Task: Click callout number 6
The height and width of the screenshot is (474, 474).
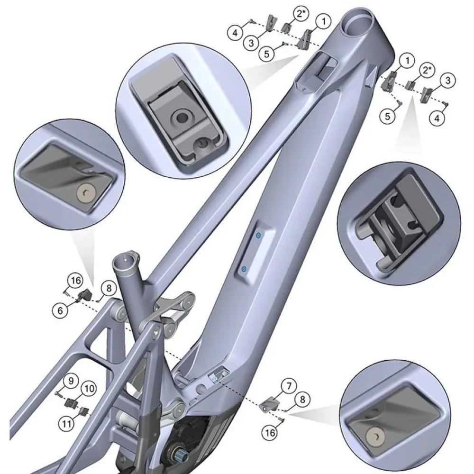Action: (x=60, y=310)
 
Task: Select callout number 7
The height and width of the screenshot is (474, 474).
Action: (x=289, y=386)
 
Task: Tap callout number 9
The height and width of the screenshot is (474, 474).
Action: (x=71, y=381)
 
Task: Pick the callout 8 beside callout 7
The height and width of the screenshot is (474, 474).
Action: (x=302, y=400)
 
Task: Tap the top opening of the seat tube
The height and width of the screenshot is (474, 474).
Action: (x=126, y=259)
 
